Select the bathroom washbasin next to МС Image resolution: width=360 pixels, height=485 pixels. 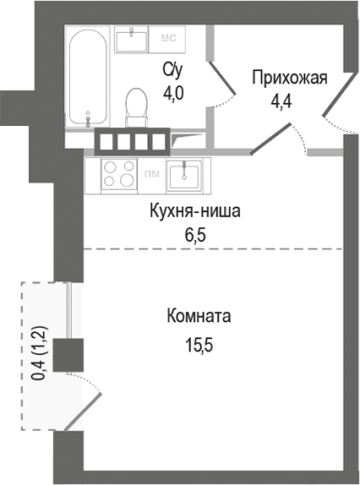point(132,40)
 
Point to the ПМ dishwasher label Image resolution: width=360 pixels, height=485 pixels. point(152,175)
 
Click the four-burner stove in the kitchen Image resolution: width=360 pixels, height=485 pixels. point(119,173)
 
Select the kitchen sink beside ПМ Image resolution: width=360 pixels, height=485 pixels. point(184,176)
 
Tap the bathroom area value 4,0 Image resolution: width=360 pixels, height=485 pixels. point(173,92)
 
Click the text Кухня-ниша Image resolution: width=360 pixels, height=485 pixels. point(196,212)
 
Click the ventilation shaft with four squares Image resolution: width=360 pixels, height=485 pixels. point(133,140)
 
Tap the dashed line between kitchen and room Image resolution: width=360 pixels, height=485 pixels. point(211,248)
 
